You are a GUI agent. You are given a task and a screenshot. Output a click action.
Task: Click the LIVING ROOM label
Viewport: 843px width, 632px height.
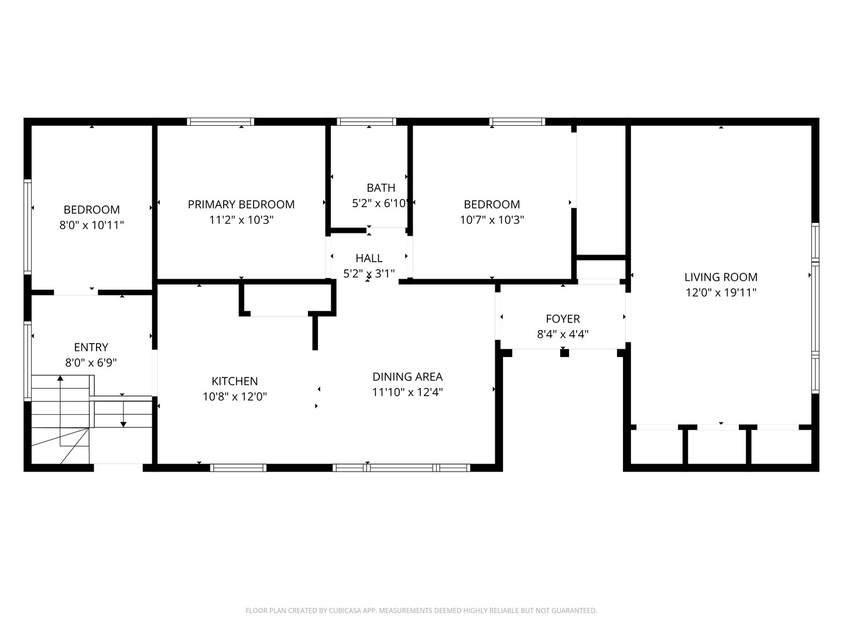point(721,277)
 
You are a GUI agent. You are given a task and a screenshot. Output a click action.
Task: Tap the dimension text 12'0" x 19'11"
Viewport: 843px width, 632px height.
point(721,293)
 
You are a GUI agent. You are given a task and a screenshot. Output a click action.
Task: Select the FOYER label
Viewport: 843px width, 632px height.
point(563,318)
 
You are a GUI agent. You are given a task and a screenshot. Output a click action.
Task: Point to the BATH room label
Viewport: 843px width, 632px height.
point(381,187)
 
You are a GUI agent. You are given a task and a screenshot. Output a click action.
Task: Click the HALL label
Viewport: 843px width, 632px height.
point(369,257)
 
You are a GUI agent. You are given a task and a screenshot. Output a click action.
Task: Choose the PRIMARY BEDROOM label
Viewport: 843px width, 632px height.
point(241,204)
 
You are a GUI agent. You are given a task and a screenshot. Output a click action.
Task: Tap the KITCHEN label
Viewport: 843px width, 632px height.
point(234,381)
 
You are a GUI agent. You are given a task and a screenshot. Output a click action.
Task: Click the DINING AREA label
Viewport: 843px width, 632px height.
point(407,376)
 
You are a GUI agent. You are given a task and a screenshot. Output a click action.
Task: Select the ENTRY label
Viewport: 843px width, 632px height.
point(91,347)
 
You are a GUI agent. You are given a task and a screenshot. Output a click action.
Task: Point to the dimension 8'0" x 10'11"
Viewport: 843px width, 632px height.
point(92,225)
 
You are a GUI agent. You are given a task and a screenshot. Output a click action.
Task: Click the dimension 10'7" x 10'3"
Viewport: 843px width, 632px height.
point(492,220)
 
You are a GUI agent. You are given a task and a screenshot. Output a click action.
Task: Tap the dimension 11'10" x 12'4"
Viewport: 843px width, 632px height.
point(407,392)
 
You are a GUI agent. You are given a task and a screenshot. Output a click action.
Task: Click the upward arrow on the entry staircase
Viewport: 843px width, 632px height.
point(60,379)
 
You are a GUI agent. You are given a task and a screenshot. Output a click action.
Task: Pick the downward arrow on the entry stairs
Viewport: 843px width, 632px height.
point(124,423)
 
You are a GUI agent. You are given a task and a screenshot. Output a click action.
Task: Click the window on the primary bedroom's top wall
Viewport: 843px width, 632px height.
point(220,122)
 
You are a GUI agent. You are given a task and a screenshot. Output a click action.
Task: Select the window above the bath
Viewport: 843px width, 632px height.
point(367,122)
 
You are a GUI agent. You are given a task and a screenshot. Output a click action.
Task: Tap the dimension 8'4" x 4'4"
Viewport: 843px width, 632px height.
point(563,334)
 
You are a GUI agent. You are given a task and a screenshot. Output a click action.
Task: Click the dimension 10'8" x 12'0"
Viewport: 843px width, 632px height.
point(234,397)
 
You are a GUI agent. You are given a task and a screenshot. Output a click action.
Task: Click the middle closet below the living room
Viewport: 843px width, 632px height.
point(718,448)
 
